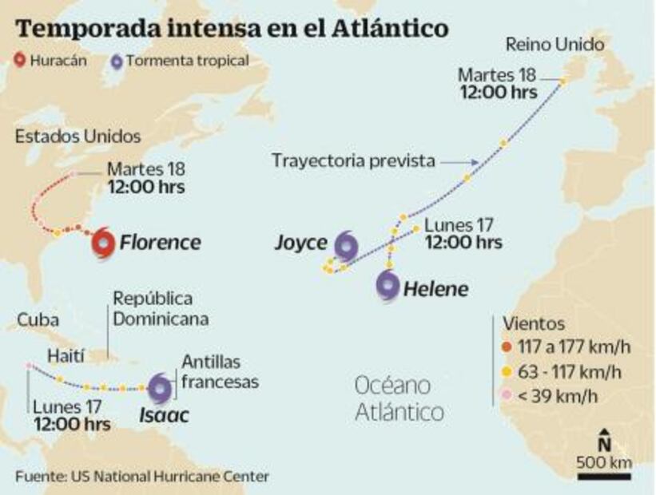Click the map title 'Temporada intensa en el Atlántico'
(232, 29)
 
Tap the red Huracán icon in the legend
(21, 60)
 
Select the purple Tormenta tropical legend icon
(117, 60)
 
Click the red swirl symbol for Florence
(103, 243)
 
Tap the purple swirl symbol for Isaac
(159, 388)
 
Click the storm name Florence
(160, 243)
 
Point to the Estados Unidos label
(78, 137)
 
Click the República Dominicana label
(161, 308)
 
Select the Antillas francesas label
(220, 372)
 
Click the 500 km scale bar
(604, 477)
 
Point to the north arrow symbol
(605, 441)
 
